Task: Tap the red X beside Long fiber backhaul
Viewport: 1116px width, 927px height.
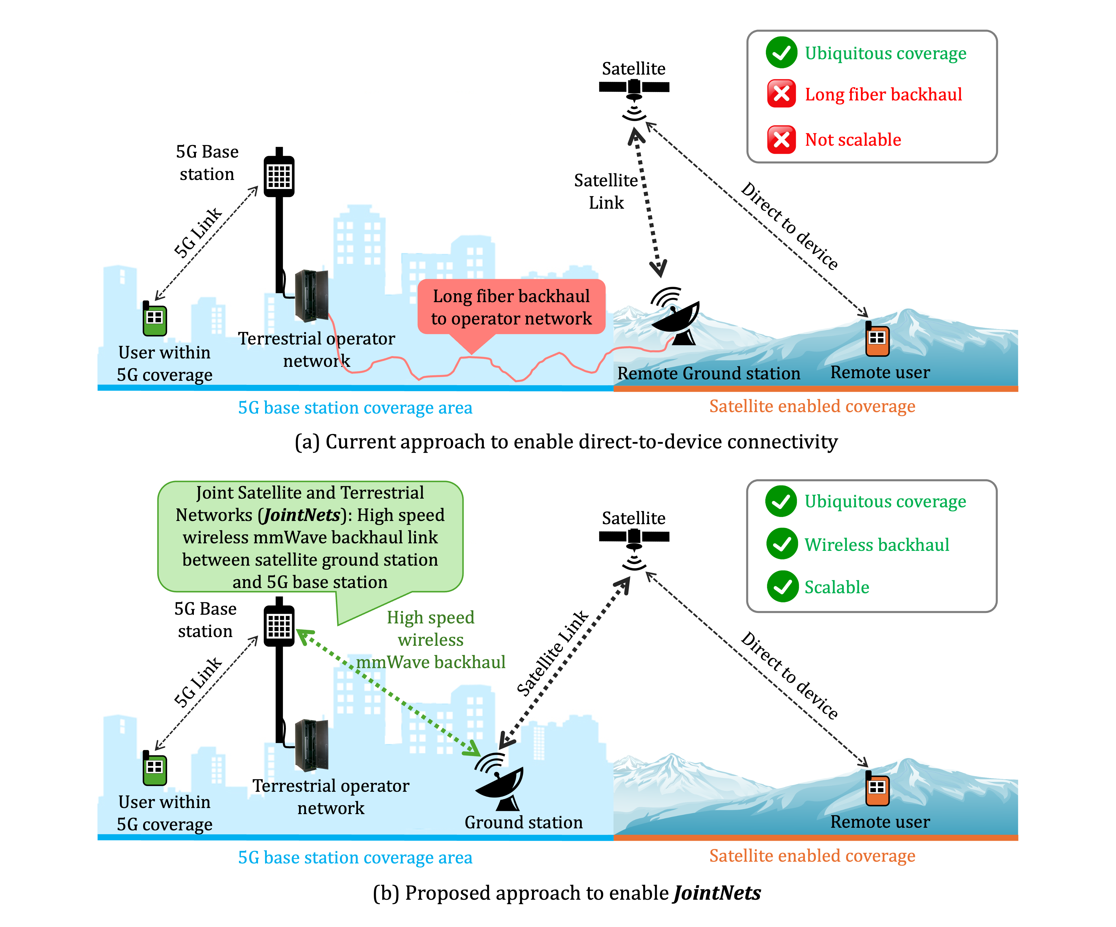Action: click(x=781, y=94)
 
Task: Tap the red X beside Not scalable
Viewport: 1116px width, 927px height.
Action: click(x=781, y=140)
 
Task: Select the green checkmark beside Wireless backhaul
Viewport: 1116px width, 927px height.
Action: click(x=782, y=544)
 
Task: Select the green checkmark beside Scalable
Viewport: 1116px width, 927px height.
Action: click(x=782, y=587)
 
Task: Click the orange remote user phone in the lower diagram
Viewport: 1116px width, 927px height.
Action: click(x=877, y=788)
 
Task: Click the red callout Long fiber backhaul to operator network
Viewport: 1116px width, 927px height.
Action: click(x=511, y=307)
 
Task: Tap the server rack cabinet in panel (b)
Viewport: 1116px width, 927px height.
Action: click(x=311, y=744)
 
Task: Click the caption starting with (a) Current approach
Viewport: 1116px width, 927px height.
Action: click(x=566, y=442)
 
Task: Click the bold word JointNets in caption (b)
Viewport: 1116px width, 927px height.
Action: click(x=717, y=893)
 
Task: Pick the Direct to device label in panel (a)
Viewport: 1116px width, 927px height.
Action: click(x=789, y=226)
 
